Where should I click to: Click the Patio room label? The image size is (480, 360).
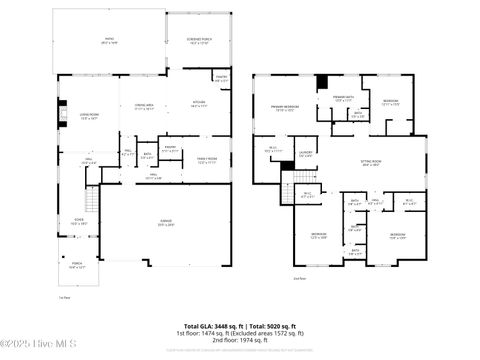pyautogui.click(x=110, y=41)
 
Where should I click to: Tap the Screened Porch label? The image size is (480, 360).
pyautogui.click(x=198, y=41)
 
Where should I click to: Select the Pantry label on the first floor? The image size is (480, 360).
pyautogui.click(x=220, y=80)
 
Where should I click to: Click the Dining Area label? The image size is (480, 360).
pyautogui.click(x=143, y=107)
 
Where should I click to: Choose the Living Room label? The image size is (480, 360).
pyautogui.click(x=78, y=117)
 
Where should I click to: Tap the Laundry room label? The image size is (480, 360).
pyautogui.click(x=306, y=154)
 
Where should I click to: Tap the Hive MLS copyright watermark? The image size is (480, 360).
pyautogui.click(x=28, y=346)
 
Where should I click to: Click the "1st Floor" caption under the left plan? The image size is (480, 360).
pyautogui.click(x=64, y=297)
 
